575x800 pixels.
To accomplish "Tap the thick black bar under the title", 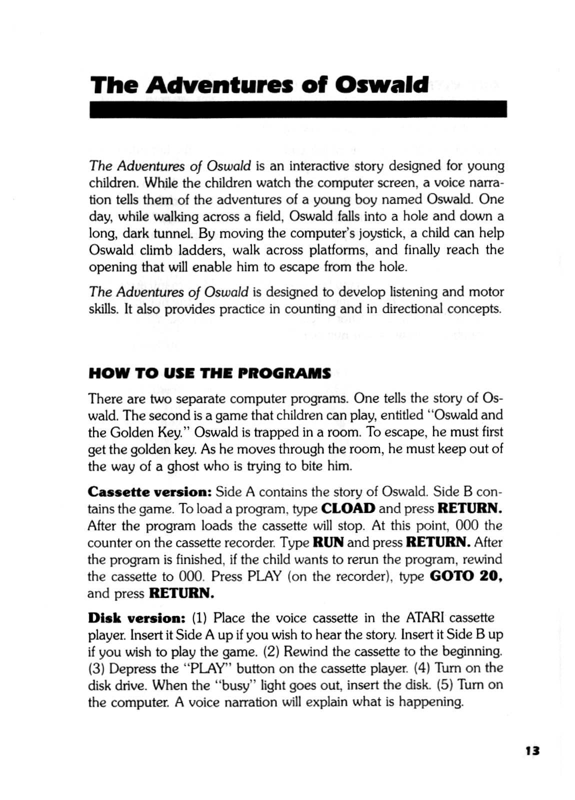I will coord(298,108).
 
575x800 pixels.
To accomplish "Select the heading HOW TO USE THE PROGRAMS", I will coord(209,373).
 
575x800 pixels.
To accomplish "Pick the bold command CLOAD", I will coord(348,508).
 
